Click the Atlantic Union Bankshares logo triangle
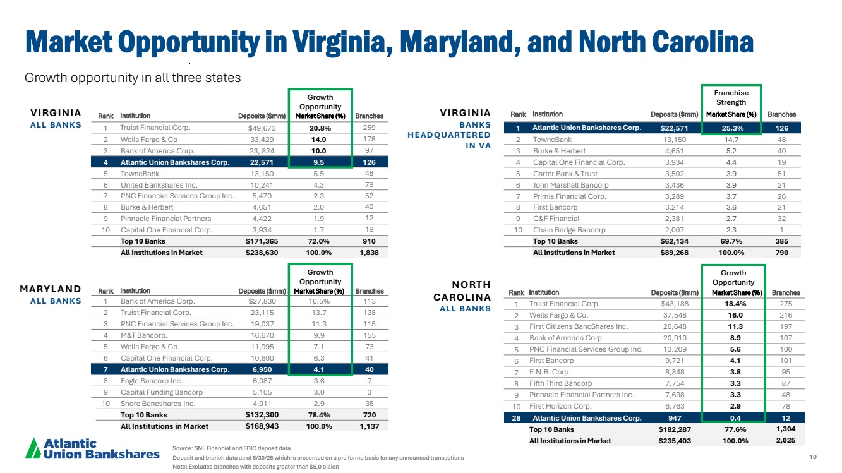click(x=33, y=448)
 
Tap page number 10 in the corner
click(x=813, y=457)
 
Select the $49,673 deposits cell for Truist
click(x=262, y=128)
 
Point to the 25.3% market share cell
click(x=732, y=128)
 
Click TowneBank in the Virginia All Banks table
click(x=140, y=174)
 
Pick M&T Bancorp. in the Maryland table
click(x=143, y=335)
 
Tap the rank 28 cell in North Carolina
click(x=516, y=418)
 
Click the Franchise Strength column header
click(x=731, y=98)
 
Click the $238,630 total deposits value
click(x=262, y=253)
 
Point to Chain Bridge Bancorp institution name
click(x=569, y=230)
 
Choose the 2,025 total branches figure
click(x=786, y=440)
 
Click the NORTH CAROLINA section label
click(x=462, y=290)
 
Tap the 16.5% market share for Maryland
click(x=319, y=301)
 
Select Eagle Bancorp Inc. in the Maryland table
click(x=152, y=381)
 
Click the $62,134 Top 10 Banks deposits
click(x=675, y=241)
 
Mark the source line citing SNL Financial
click(x=232, y=448)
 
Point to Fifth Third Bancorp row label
click(x=560, y=383)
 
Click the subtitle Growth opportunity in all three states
click(x=133, y=78)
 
